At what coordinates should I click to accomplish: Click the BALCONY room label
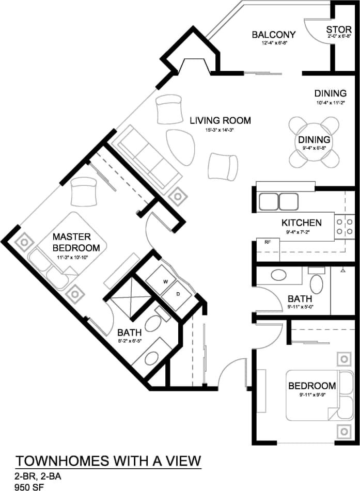273,35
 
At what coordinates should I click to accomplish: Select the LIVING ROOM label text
220,121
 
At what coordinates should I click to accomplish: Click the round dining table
314,140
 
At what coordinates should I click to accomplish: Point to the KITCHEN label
301,223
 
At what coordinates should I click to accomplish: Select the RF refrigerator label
268,242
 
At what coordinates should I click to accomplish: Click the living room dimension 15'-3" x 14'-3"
220,131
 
